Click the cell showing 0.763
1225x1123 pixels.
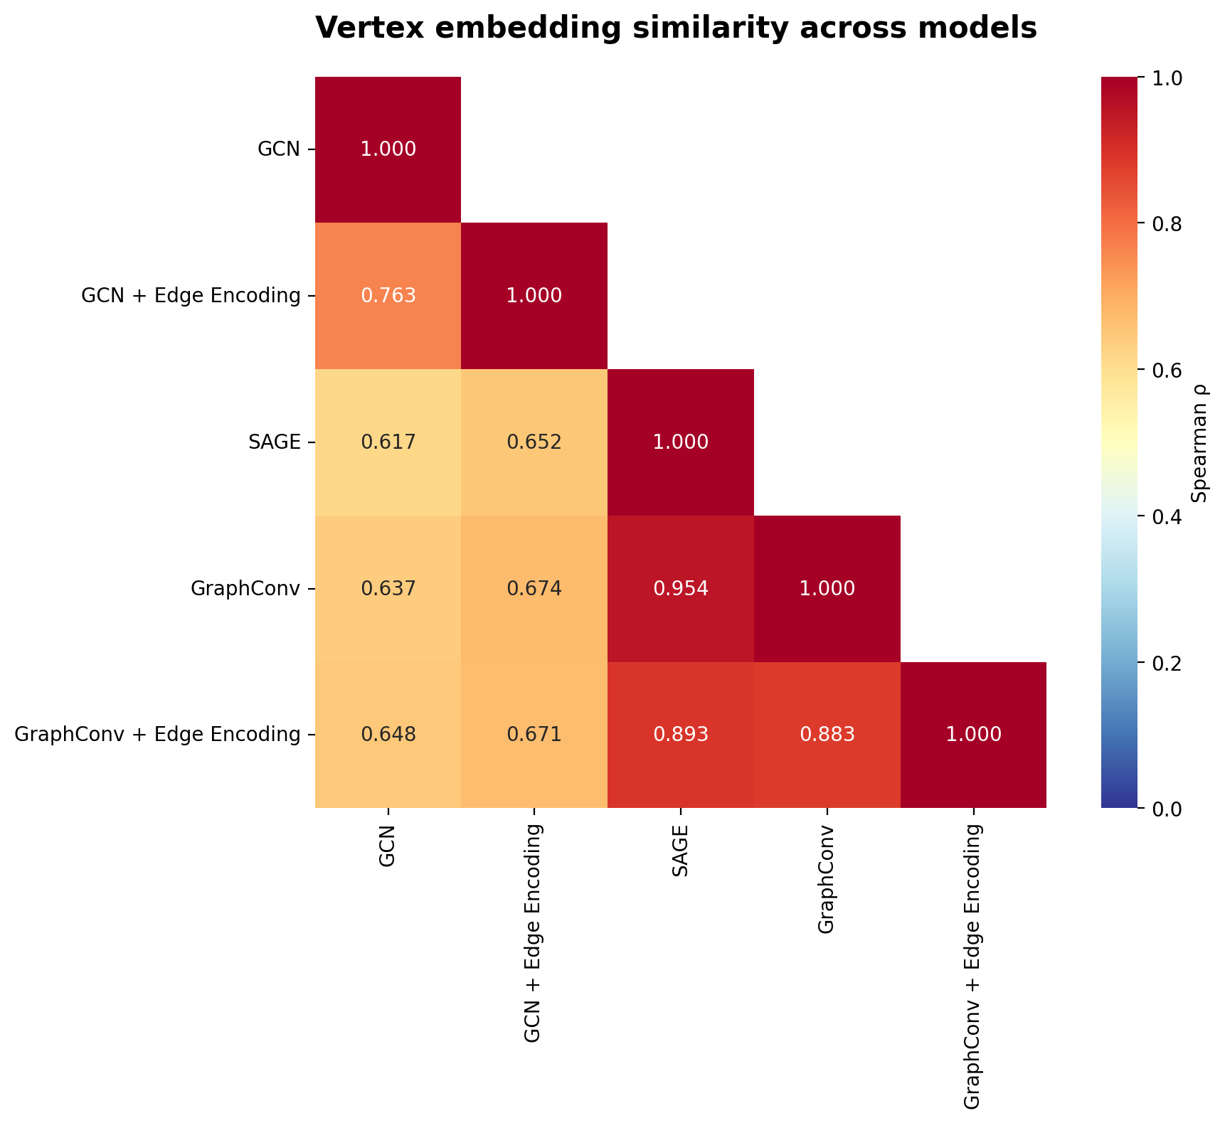[x=388, y=296]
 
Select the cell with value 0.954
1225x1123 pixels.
[x=681, y=589]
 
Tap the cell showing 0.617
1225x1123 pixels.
[x=388, y=442]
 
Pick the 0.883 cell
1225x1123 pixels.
[x=827, y=735]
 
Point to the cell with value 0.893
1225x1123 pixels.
[x=681, y=735]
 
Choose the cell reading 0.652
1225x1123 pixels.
[x=534, y=442]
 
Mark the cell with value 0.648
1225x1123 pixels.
[x=388, y=735]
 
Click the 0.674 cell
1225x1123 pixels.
[x=534, y=589]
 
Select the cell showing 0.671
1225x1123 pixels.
[x=534, y=735]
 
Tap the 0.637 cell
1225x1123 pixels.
[x=388, y=589]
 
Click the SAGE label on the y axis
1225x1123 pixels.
[x=273, y=442]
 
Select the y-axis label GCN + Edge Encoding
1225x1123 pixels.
[x=191, y=296]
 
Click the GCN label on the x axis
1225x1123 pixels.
[x=388, y=846]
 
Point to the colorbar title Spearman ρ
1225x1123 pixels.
[x=1201, y=442]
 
